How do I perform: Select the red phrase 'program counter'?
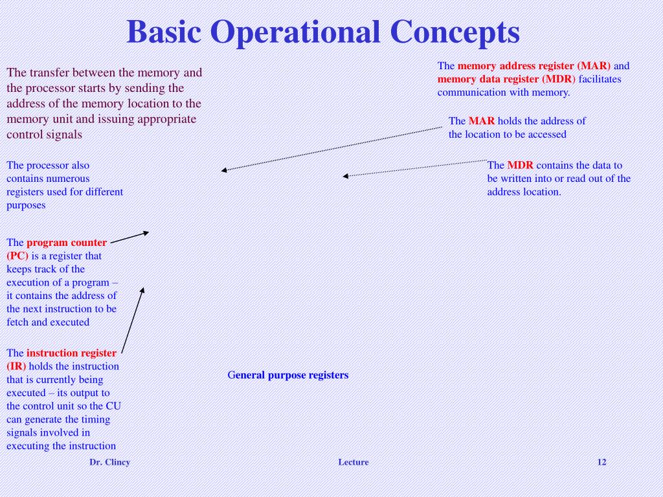(x=67, y=243)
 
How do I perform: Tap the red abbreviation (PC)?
(x=17, y=256)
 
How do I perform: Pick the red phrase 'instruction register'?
(x=71, y=353)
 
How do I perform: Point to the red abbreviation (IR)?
(x=16, y=366)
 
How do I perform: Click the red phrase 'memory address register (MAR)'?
(x=534, y=66)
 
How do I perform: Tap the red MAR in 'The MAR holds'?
(x=482, y=121)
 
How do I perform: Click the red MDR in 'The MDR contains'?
(x=520, y=165)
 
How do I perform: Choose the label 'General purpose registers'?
(x=288, y=375)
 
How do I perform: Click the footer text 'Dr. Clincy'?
(x=109, y=462)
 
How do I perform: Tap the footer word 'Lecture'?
(x=353, y=462)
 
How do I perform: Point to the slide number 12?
(x=601, y=462)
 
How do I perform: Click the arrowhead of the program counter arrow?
(x=146, y=232)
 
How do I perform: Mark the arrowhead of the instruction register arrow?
(x=142, y=290)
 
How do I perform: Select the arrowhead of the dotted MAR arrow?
(x=223, y=170)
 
